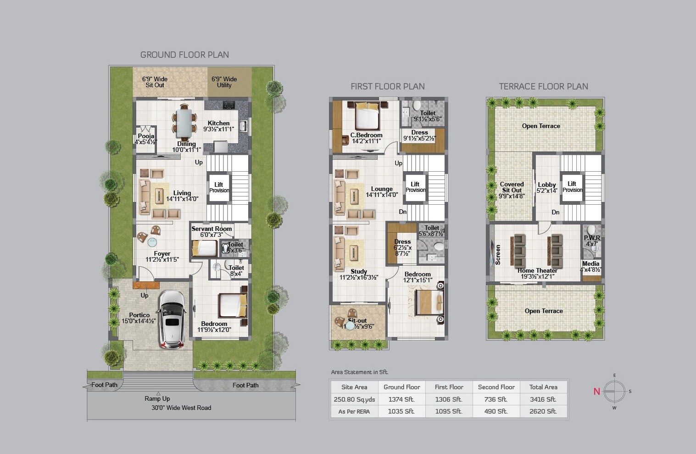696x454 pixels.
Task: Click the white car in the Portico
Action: (172, 319)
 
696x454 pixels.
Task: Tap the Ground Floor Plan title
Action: (184, 55)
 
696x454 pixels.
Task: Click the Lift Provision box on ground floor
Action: (219, 187)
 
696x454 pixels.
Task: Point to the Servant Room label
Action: (212, 229)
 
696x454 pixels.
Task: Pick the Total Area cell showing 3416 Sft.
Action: (543, 399)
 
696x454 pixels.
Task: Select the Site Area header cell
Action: (354, 387)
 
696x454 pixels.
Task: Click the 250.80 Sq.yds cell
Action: (354, 399)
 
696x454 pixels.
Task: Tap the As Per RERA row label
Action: (354, 411)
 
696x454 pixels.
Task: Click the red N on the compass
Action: (596, 392)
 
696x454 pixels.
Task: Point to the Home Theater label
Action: (537, 271)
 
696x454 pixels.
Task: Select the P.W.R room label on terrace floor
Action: (592, 238)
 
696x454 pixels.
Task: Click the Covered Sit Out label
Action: (512, 187)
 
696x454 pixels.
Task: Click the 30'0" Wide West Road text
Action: (181, 408)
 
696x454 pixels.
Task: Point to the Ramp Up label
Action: (157, 398)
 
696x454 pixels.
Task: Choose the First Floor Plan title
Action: (388, 86)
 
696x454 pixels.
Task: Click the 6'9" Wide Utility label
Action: (224, 82)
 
